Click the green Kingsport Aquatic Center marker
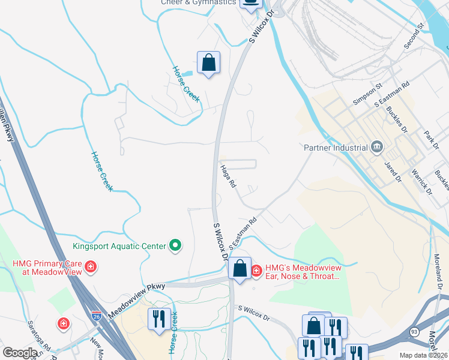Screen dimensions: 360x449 pyautogui.click(x=175, y=245)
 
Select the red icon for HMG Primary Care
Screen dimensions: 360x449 pyautogui.click(x=91, y=266)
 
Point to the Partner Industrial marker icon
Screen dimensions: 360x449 pyautogui.click(x=377, y=147)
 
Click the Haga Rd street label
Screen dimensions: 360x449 pyautogui.click(x=228, y=177)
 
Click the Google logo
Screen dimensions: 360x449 pyautogui.click(x=20, y=352)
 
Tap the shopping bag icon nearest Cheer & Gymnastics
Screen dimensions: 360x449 pyautogui.click(x=208, y=63)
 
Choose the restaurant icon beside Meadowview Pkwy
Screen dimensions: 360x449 pyautogui.click(x=159, y=318)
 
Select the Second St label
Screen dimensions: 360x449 pyautogui.click(x=414, y=36)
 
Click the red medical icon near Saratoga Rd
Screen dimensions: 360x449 pyautogui.click(x=63, y=325)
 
